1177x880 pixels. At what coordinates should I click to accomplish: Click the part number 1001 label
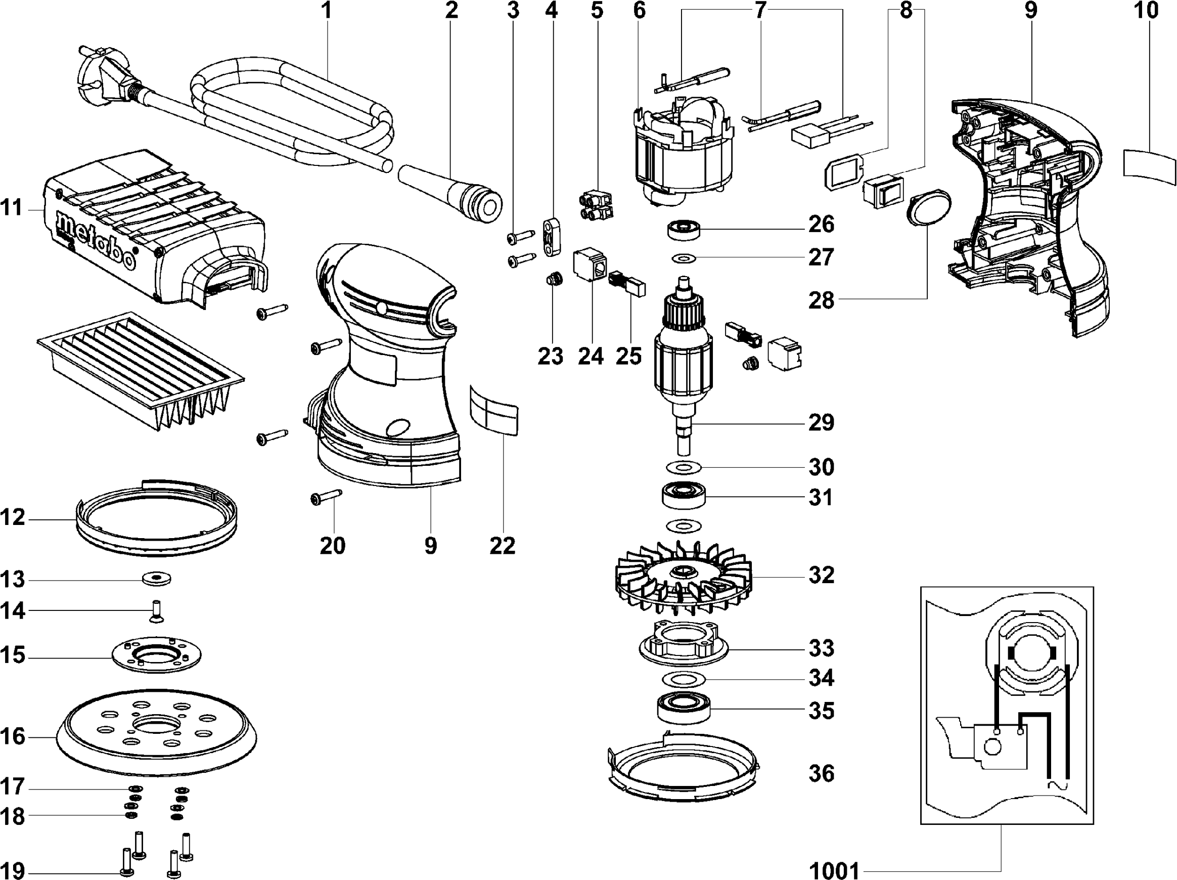834,871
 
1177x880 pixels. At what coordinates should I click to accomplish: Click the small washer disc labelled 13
156,578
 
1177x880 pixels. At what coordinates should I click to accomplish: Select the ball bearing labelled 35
683,709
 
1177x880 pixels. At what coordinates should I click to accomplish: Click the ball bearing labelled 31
683,497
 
